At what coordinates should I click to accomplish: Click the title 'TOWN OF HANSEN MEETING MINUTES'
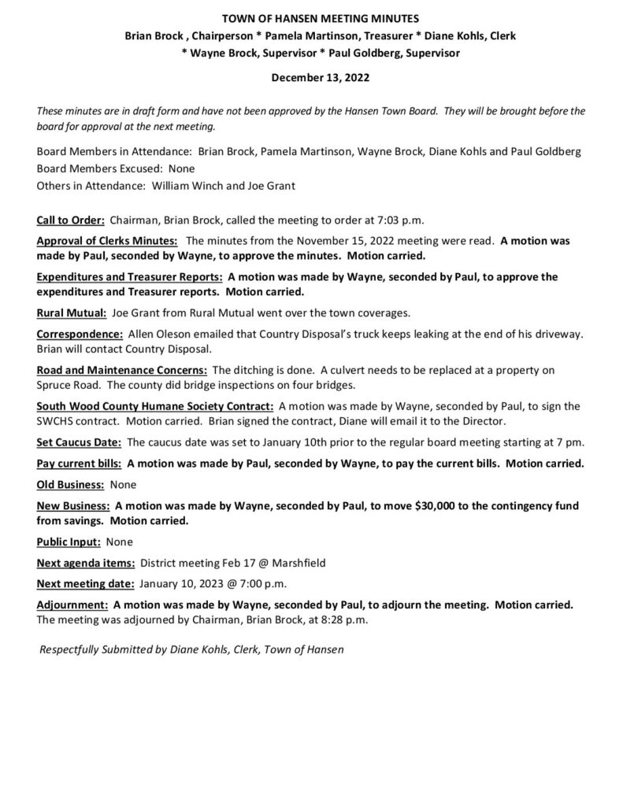(x=310, y=17)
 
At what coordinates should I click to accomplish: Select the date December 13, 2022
(x=310, y=78)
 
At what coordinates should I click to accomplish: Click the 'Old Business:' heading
(x=70, y=484)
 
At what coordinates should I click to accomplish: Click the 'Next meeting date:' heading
(x=84, y=584)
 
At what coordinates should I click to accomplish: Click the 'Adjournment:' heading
(x=72, y=605)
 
